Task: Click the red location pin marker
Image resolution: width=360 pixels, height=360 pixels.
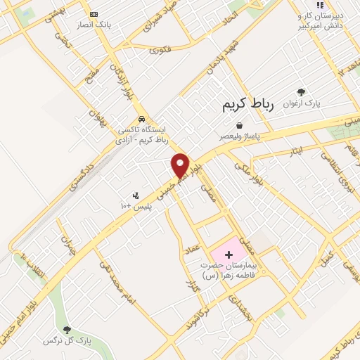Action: click(181, 165)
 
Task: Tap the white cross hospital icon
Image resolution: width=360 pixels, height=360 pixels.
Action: click(229, 253)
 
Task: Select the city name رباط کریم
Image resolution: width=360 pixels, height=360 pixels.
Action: click(247, 105)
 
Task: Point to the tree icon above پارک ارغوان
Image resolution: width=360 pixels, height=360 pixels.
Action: click(302, 92)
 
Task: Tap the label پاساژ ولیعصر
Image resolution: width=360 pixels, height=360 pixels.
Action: click(239, 135)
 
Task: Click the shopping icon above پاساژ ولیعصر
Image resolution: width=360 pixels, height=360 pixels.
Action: click(240, 124)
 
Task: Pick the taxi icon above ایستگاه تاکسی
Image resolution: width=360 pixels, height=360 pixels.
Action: click(142, 119)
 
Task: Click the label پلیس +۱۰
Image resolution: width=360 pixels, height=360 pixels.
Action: click(132, 205)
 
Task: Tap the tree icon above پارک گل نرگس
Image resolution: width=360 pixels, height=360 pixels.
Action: click(67, 329)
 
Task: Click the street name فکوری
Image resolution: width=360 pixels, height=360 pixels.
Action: click(160, 49)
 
